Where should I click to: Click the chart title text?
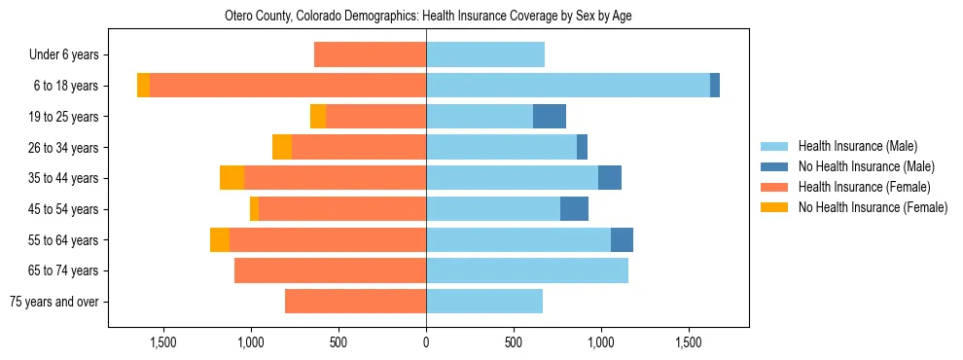point(428,17)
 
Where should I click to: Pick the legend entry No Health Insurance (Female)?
point(873,207)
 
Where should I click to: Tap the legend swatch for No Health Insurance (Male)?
point(776,166)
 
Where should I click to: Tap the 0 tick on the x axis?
point(426,342)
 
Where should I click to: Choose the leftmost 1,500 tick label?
point(163,342)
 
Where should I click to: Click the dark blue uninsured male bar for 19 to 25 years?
point(550,117)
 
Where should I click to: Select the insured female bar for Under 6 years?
point(370,55)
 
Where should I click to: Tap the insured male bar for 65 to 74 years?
point(527,270)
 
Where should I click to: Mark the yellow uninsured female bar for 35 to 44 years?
point(232,178)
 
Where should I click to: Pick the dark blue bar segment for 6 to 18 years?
point(715,86)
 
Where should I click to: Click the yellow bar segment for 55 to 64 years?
point(220,240)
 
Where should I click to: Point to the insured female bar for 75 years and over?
point(355,302)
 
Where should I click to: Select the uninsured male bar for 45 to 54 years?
point(574,209)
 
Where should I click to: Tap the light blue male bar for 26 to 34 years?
point(501,148)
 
